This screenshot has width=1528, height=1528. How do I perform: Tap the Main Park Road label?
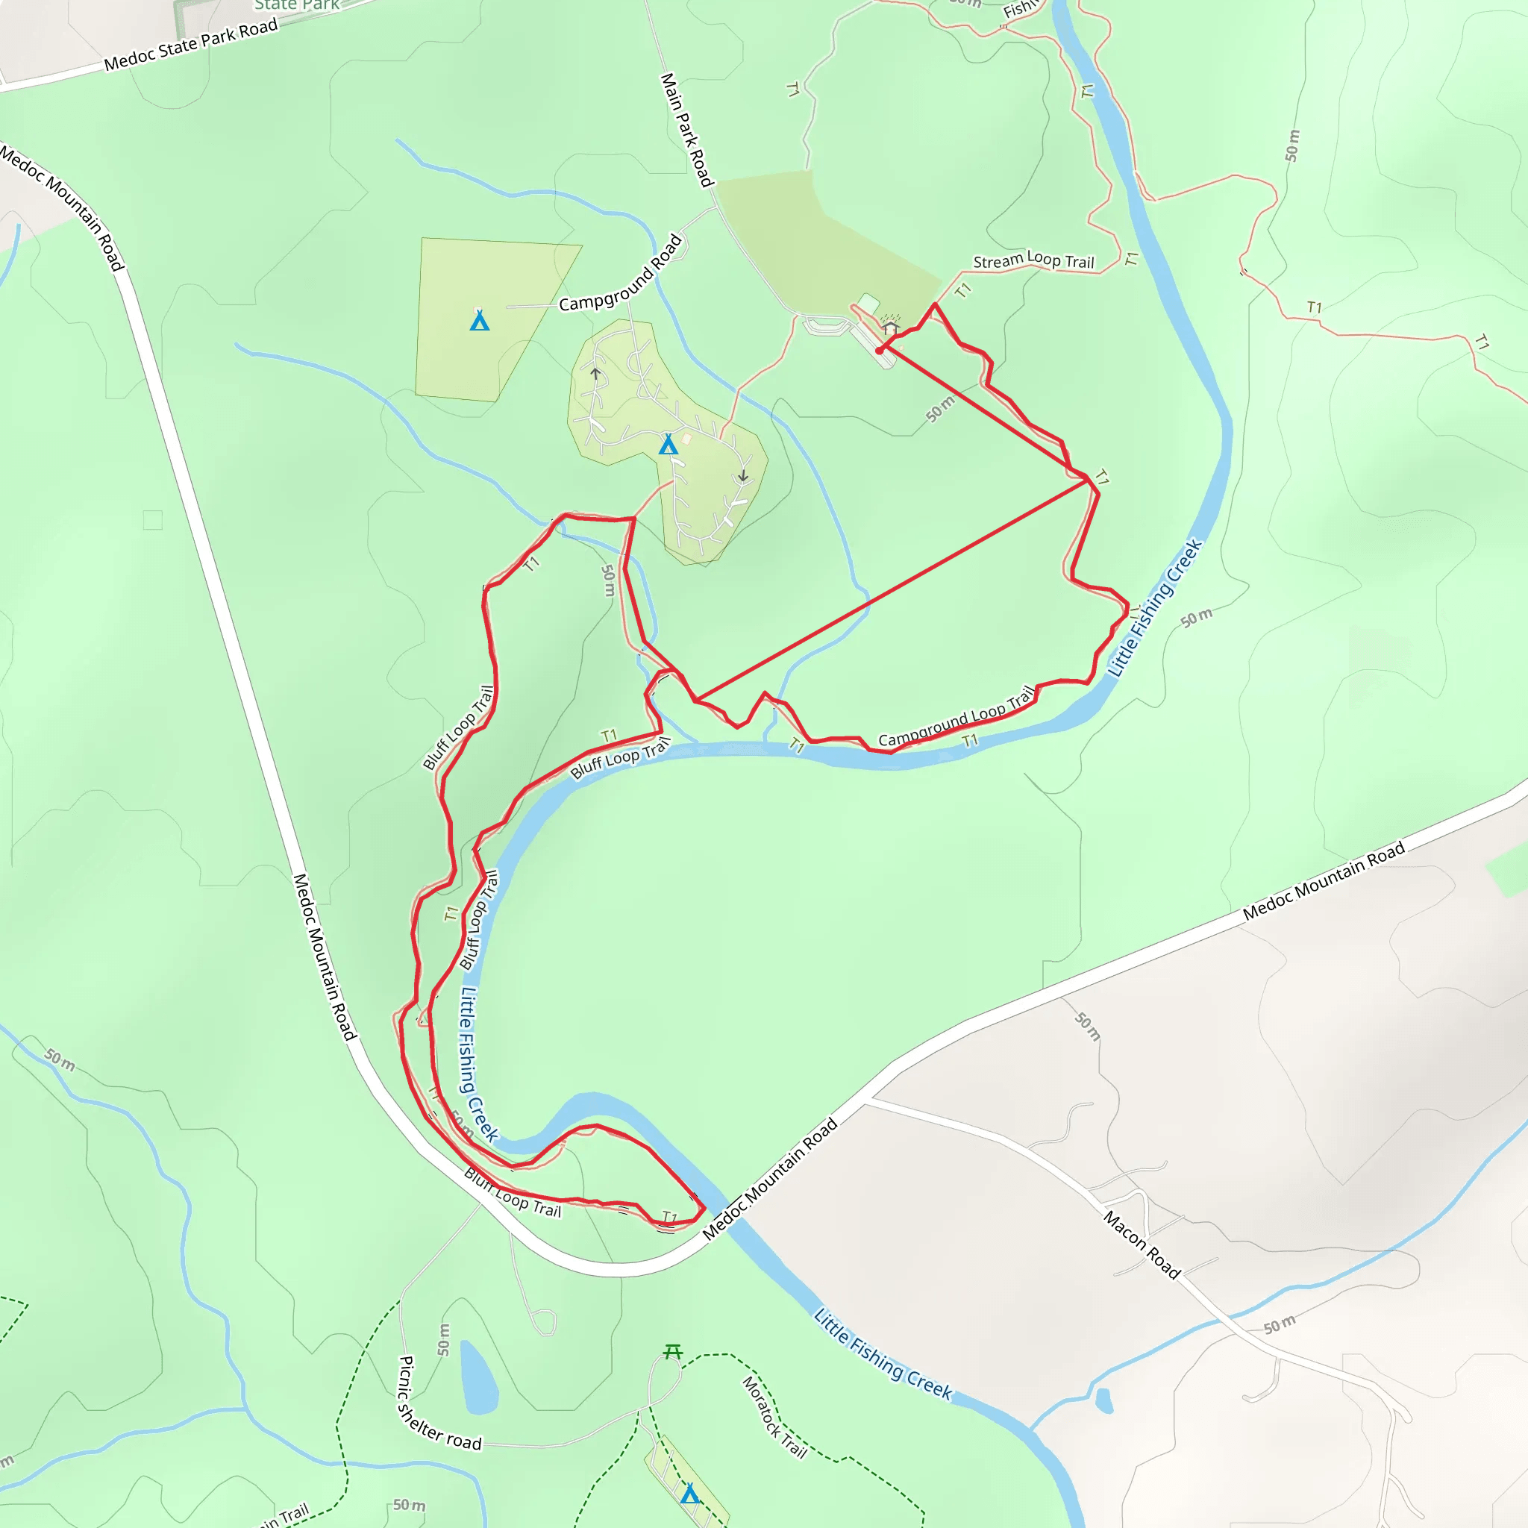686,131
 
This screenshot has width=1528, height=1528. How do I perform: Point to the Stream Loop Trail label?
1033,260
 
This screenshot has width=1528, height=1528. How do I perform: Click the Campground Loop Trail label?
956,717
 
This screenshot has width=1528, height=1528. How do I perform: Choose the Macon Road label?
1142,1244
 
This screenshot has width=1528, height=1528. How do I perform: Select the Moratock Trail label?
774,1418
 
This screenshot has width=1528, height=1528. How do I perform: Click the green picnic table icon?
672,1352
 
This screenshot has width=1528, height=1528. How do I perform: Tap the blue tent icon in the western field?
479,320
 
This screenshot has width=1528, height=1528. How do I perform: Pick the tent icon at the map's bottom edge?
689,1493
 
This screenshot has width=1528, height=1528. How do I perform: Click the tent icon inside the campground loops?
668,445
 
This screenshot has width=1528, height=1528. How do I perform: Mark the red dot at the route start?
880,351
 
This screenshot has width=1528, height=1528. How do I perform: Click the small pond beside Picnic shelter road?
477,1377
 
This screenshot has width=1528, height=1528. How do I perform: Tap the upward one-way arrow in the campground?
595,373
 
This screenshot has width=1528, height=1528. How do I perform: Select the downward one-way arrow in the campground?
742,476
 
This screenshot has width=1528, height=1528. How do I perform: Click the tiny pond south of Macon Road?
1104,1400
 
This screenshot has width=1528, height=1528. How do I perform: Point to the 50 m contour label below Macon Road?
1279,1324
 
